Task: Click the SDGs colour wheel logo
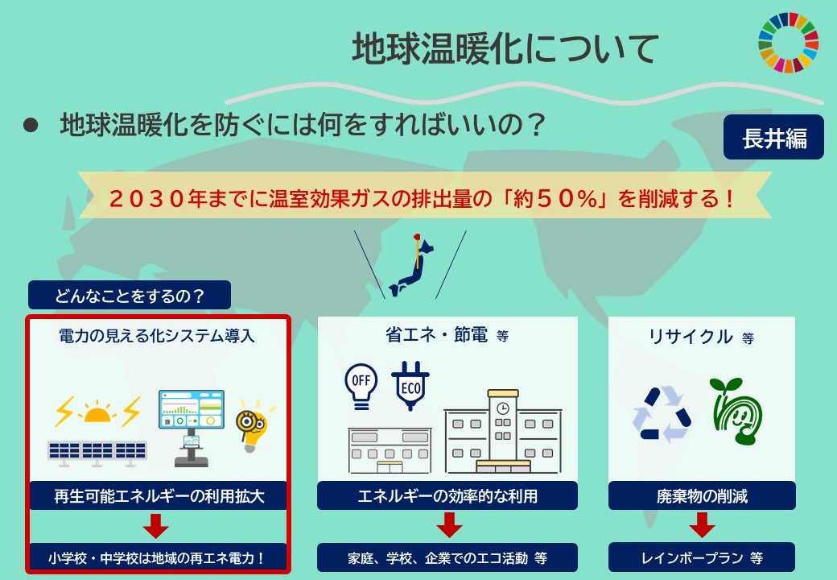(x=788, y=40)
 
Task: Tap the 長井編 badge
(x=773, y=139)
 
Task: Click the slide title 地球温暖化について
(x=505, y=49)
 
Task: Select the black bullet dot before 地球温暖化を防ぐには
(x=31, y=126)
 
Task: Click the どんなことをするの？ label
(x=130, y=296)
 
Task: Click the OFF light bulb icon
(x=360, y=384)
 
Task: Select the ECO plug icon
(x=410, y=386)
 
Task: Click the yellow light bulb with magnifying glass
(x=252, y=422)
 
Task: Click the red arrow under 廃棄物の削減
(x=702, y=526)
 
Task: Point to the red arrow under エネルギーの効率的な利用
(x=447, y=526)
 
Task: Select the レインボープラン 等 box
(x=702, y=557)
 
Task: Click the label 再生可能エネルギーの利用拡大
(x=158, y=496)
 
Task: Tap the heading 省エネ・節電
(x=436, y=335)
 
